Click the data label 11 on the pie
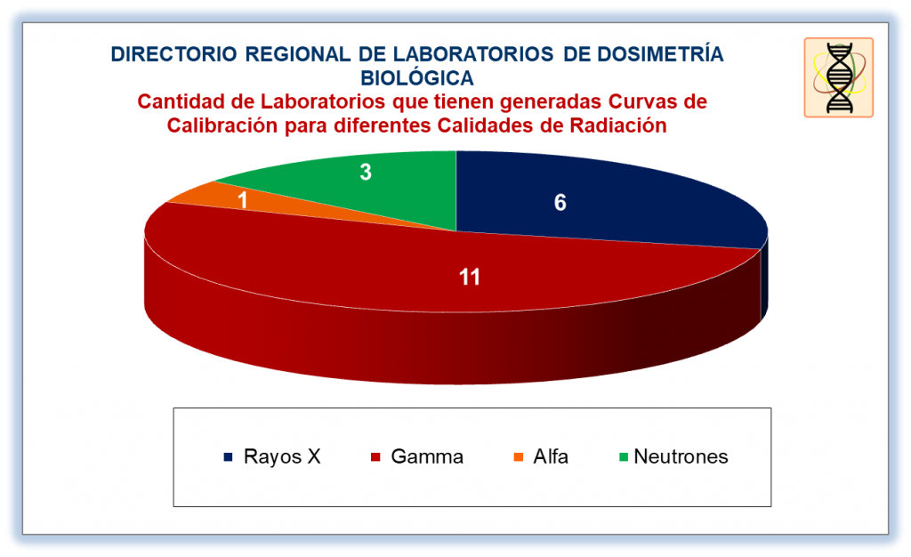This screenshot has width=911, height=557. coord(470,277)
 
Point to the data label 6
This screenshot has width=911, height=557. coord(560,203)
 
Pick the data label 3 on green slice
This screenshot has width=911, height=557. coord(366,172)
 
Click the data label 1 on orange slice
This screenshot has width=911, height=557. coord(243,200)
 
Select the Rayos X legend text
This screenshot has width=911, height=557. coord(282,456)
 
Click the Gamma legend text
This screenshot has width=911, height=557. coord(427,456)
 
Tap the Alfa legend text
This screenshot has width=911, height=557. coord(551,456)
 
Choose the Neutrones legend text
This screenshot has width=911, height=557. coord(681,456)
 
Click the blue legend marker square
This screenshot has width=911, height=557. coord(229,457)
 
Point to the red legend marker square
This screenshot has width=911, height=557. coord(375,457)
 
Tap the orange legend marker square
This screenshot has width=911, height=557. coord(519,457)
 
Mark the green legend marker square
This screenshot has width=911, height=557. coord(624,457)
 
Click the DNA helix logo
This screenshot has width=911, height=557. coord(839,77)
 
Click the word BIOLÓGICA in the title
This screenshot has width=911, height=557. coord(417,77)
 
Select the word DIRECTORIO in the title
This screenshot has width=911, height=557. coord(173,54)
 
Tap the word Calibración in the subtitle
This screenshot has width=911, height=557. coord(222,125)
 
